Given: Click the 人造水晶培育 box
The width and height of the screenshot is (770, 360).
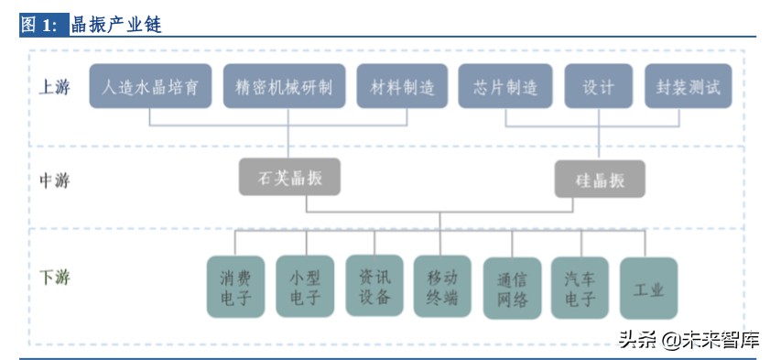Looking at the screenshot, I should click(151, 88).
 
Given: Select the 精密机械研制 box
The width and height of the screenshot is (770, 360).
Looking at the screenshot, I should click(284, 88).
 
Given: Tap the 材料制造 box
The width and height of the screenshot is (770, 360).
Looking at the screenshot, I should click(402, 88).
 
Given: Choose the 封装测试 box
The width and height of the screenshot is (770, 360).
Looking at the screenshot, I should click(689, 88).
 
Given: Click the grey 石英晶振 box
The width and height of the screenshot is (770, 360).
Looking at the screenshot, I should click(288, 177).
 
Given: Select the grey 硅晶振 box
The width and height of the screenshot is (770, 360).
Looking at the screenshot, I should click(600, 180).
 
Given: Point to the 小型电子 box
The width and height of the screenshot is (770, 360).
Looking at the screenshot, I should click(305, 287).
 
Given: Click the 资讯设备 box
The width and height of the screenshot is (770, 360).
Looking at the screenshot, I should click(374, 285).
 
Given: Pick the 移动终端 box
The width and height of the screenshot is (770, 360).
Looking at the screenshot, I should click(442, 286).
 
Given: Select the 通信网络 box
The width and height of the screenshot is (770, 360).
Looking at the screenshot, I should click(512, 289).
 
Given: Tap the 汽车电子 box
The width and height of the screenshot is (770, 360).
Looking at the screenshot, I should click(580, 288).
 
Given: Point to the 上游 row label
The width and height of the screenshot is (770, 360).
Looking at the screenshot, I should click(53, 88).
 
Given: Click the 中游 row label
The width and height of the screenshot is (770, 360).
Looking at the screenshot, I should click(53, 179).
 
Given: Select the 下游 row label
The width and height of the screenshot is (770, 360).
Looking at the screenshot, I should click(53, 277).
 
